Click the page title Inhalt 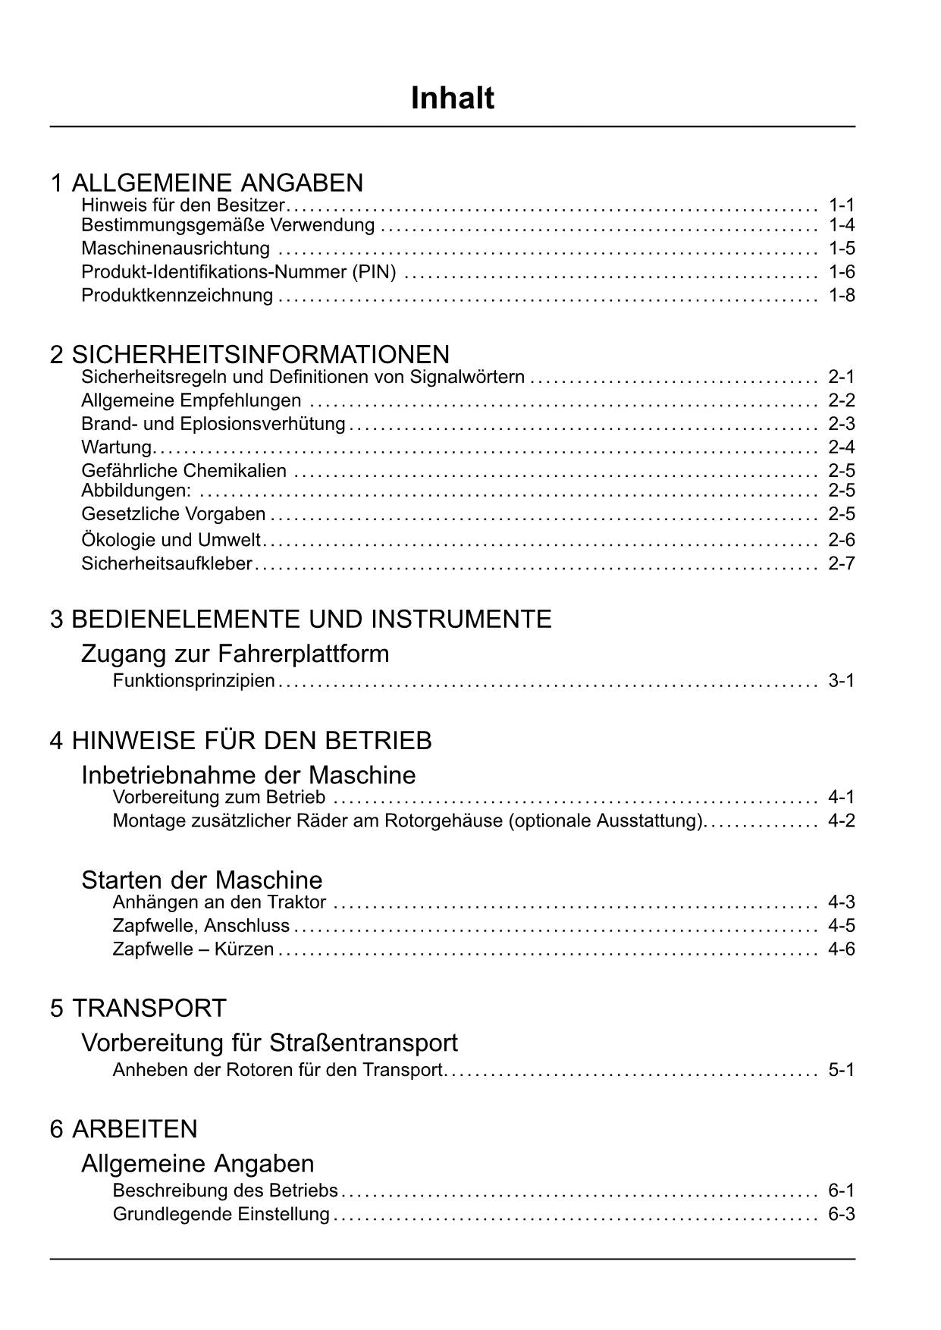452,99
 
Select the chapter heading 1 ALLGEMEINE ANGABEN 206,183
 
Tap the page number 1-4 841,225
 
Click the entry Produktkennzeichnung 177,295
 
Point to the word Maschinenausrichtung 175,249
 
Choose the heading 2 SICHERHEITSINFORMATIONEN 249,354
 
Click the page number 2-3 841,423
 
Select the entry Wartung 117,447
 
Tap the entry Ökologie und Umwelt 171,540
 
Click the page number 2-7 841,563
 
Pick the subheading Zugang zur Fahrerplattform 235,654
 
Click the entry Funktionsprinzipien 193,681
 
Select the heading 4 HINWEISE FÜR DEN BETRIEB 240,740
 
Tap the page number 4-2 841,820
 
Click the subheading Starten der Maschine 202,880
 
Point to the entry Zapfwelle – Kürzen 193,949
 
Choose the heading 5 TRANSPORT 138,1008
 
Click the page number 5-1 841,1070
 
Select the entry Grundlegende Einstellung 221,1214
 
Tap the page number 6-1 841,1190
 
